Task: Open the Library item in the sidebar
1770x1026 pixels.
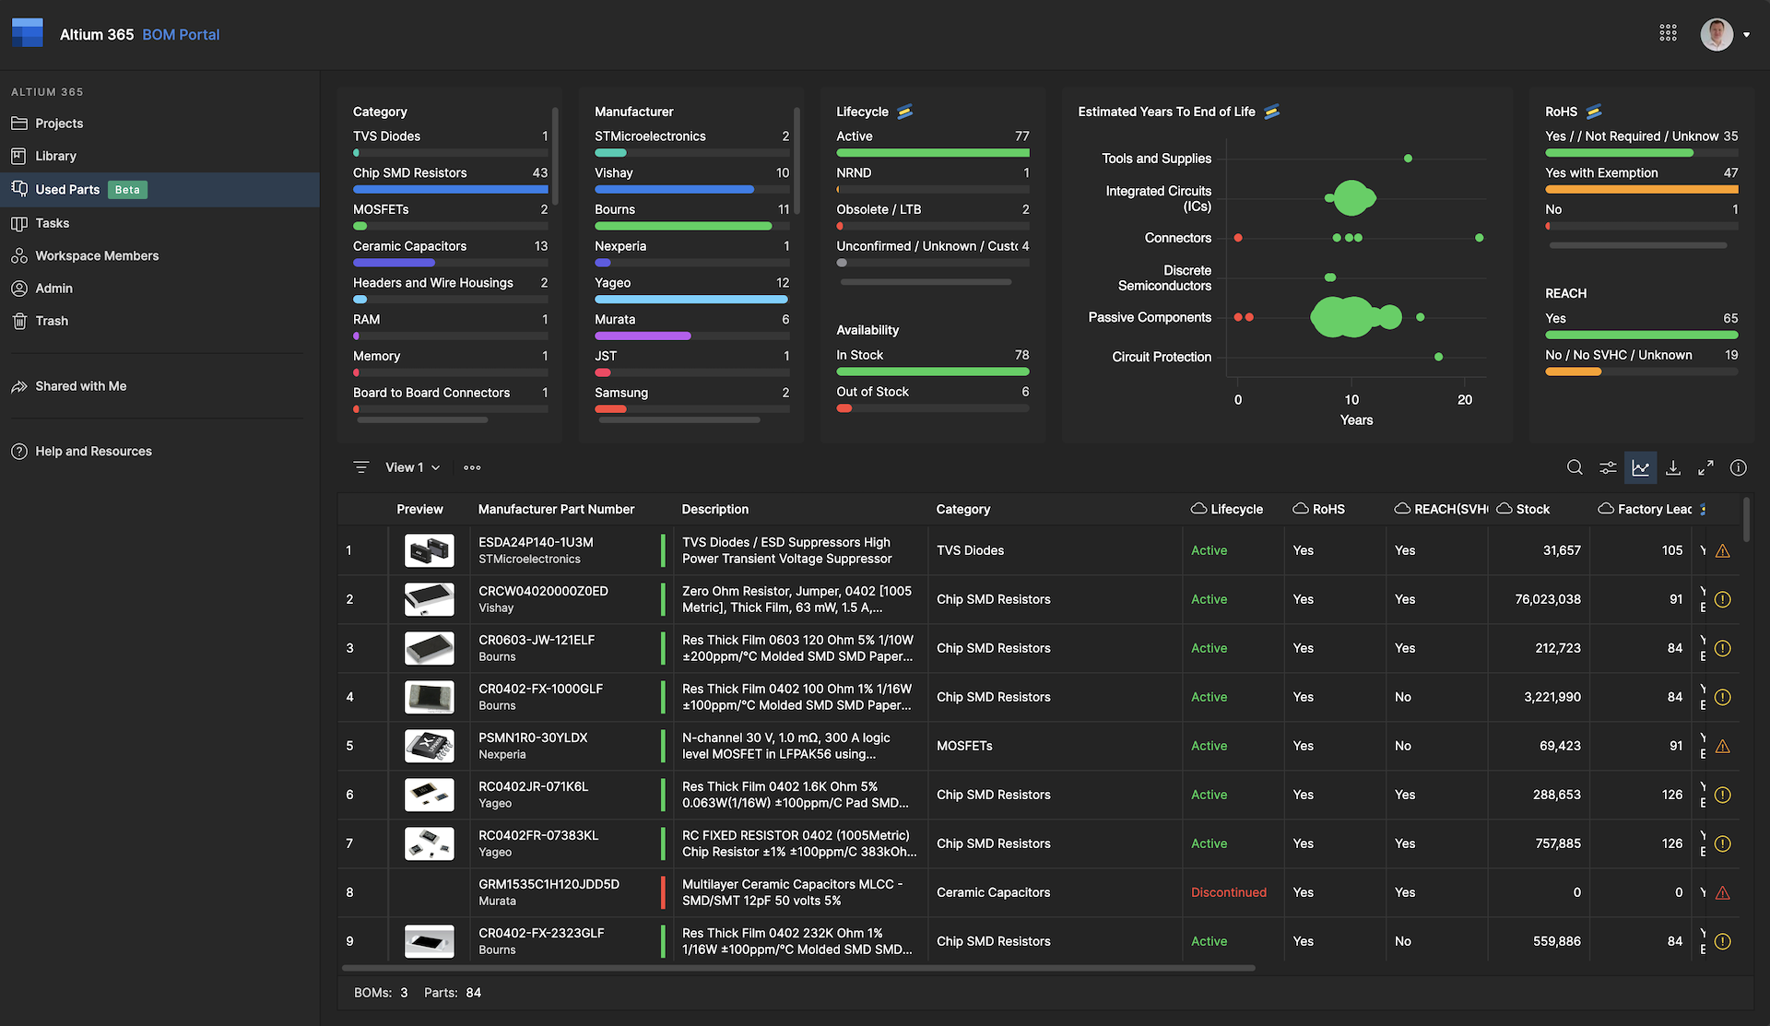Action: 55,157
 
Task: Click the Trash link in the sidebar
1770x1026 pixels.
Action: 52,321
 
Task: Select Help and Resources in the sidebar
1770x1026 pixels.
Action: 93,452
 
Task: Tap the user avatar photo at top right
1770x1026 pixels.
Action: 1716,35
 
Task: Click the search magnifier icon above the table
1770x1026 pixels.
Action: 1575,468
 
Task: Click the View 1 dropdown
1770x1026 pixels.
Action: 412,468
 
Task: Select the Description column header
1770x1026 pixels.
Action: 714,510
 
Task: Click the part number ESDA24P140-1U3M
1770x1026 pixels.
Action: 536,543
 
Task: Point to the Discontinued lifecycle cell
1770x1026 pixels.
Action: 1228,892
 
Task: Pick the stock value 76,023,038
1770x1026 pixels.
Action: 1547,599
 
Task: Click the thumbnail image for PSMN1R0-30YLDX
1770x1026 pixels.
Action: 429,746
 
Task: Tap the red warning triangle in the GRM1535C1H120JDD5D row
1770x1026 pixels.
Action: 1722,893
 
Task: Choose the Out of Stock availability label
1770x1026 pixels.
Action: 872,392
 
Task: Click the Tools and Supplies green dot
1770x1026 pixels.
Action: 1408,159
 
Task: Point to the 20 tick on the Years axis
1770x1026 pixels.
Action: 1465,400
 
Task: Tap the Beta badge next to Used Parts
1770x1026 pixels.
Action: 127,190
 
